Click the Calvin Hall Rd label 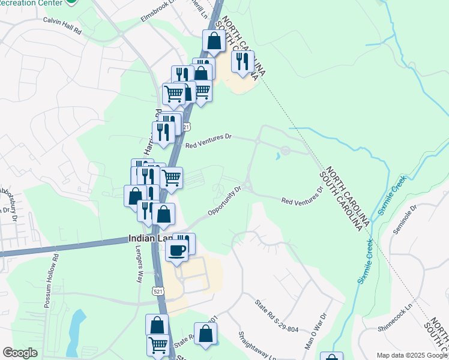coord(62,20)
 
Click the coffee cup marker coord(176,251)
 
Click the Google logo coord(20,353)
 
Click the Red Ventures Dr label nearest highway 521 coord(208,142)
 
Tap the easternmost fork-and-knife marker coord(243,61)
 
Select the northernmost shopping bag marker coord(214,41)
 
